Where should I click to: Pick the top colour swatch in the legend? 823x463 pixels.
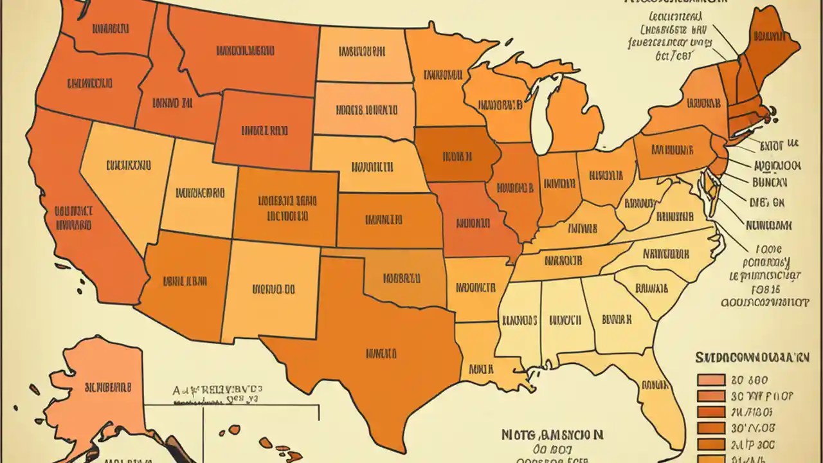(x=710, y=380)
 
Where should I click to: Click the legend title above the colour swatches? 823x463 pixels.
(x=752, y=357)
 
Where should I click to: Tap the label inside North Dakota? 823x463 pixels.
(x=361, y=51)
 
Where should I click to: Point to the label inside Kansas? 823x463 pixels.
(x=384, y=219)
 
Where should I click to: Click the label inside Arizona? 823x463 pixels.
(x=185, y=280)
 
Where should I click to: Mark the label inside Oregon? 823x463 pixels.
(x=89, y=83)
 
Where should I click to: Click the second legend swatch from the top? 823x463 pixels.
(x=710, y=396)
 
